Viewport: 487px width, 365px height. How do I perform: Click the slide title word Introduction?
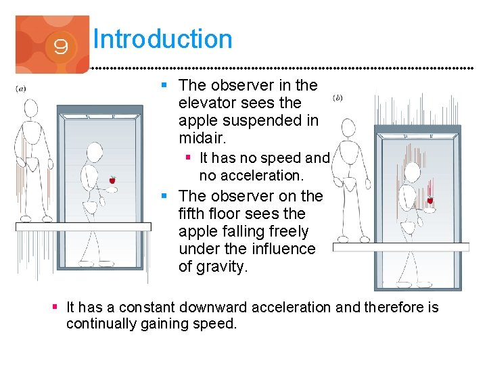tap(163, 39)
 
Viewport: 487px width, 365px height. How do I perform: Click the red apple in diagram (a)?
tap(112, 180)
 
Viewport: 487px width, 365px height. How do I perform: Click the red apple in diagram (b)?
tap(430, 200)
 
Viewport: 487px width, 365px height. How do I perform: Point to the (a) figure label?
tap(21, 88)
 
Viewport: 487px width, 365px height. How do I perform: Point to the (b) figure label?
tap(338, 98)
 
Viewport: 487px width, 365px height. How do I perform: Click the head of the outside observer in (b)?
tap(348, 127)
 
